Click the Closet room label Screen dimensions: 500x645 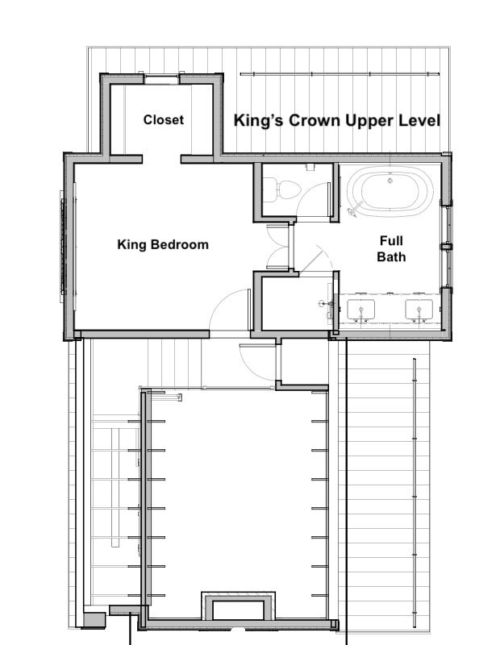click(x=164, y=119)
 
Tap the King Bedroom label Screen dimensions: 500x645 click(x=163, y=244)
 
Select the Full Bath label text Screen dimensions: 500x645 click(x=391, y=248)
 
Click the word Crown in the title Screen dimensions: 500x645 click(x=315, y=120)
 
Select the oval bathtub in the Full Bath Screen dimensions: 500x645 click(x=390, y=191)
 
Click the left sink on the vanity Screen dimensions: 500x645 click(x=361, y=310)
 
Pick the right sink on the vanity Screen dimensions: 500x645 click(x=419, y=310)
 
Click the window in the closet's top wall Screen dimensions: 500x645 click(x=161, y=79)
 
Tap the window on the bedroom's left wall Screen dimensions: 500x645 click(x=63, y=246)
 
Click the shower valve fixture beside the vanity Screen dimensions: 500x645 click(x=327, y=304)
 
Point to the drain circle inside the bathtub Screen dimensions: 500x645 click(x=390, y=181)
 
